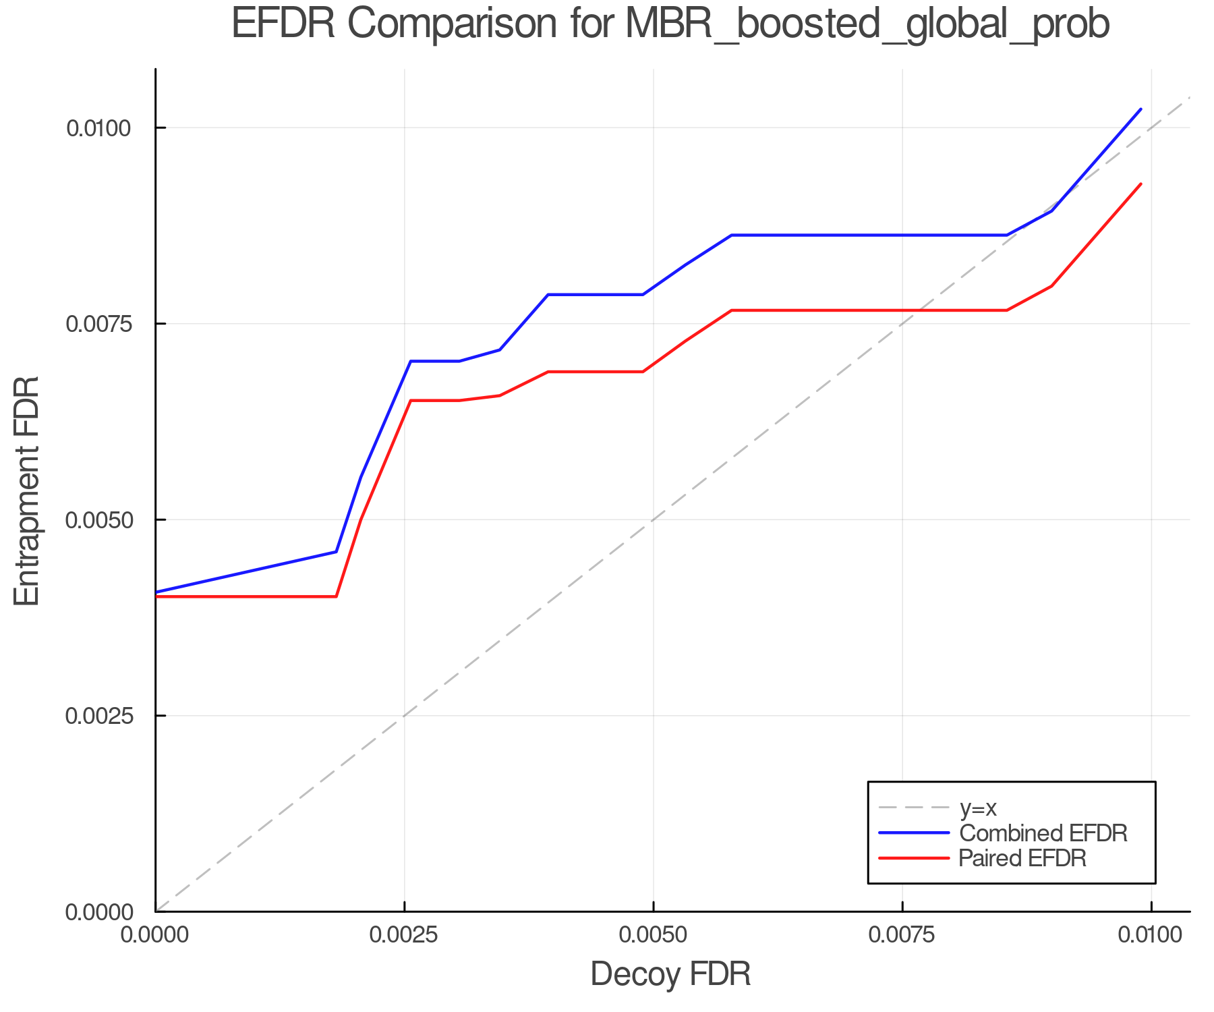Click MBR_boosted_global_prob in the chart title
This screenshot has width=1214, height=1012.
point(867,25)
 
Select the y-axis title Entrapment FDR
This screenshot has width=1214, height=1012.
point(28,490)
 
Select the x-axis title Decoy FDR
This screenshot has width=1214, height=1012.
point(670,974)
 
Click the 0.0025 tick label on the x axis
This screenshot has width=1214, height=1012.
point(404,934)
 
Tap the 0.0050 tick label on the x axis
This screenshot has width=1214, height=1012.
point(653,934)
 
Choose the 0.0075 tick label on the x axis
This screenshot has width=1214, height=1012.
point(902,934)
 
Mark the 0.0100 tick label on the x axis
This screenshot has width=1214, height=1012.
point(1151,934)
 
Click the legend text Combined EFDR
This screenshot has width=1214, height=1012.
point(1043,833)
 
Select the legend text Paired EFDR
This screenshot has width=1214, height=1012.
point(1022,858)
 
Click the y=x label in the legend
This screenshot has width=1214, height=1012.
point(978,808)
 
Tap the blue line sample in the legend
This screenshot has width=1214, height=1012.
point(914,833)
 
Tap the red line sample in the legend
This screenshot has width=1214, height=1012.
point(914,858)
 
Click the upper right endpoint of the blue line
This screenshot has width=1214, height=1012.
point(1140,109)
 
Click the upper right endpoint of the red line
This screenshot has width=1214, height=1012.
point(1140,184)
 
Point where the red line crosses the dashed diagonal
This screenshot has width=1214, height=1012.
point(919,310)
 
